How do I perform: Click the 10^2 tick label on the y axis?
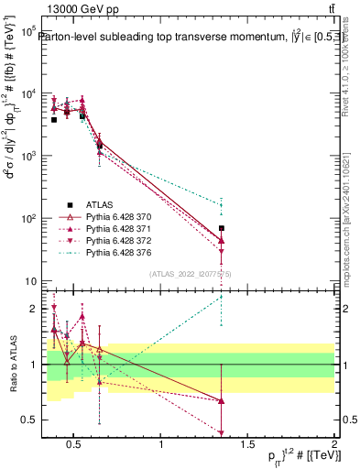point(27,219)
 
